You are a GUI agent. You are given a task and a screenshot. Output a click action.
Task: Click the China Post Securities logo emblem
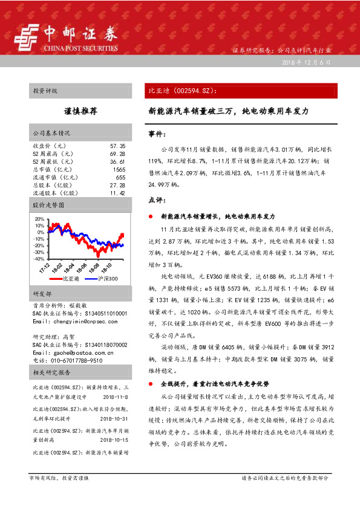click(x=25, y=37)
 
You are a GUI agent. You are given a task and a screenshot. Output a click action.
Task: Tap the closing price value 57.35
click(x=117, y=146)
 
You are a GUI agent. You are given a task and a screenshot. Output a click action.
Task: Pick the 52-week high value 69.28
click(x=117, y=154)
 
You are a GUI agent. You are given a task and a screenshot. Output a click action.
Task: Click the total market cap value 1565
click(x=119, y=170)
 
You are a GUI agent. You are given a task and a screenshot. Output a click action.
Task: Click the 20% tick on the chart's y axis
click(x=40, y=219)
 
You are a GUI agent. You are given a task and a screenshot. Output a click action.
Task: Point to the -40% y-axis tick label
click(x=39, y=259)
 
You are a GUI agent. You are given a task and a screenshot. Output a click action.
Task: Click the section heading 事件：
click(x=157, y=134)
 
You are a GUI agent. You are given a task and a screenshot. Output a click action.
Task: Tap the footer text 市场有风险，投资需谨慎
click(x=59, y=478)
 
